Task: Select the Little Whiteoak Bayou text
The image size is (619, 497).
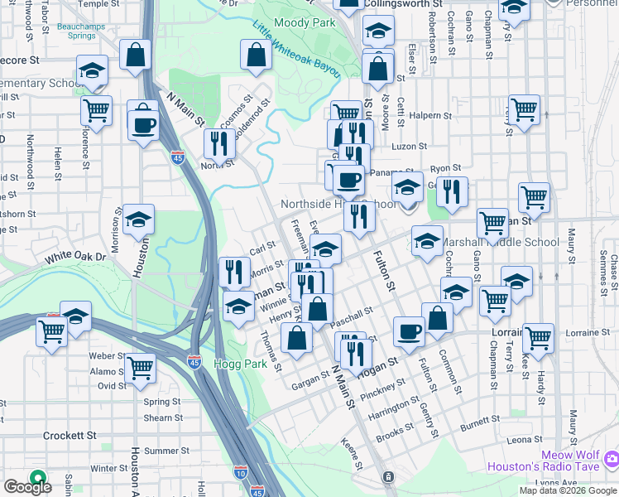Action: [296, 49]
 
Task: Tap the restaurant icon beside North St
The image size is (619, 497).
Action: [219, 142]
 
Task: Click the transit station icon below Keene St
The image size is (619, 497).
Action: [387, 477]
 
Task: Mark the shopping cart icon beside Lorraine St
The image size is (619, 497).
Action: [538, 338]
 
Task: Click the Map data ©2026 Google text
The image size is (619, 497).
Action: [568, 490]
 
